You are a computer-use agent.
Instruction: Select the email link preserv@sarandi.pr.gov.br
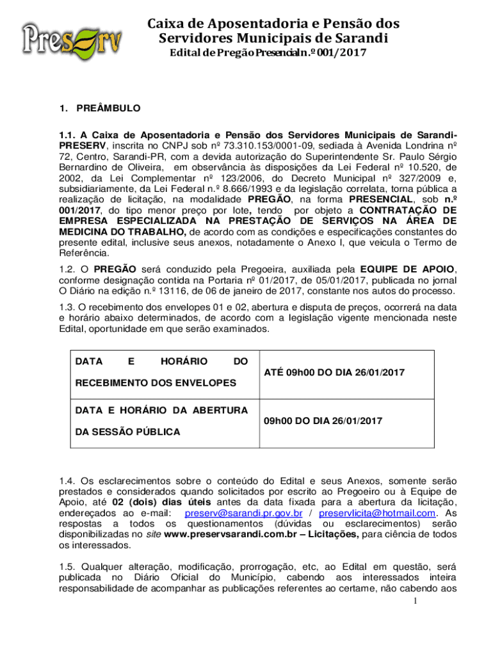click(x=243, y=513)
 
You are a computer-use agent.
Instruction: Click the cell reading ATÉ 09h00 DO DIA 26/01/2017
click(x=334, y=372)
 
